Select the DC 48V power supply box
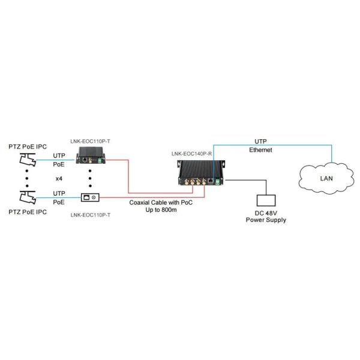click(265, 201)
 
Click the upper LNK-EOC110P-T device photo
click(91, 158)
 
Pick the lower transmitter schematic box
click(91, 197)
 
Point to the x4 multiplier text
click(59, 178)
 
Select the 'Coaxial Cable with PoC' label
click(161, 203)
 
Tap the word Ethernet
click(260, 150)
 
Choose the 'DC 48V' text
click(265, 213)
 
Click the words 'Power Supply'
click(265, 220)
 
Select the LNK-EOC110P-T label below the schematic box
click(91, 214)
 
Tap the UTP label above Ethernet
click(260, 142)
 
